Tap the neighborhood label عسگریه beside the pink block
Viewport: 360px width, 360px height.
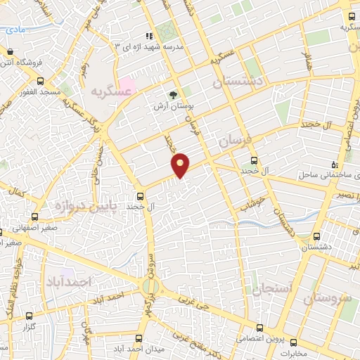point(108,91)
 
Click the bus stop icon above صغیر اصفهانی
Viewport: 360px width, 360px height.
point(34,217)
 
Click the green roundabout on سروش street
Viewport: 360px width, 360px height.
point(150,286)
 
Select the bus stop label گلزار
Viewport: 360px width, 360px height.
point(28,328)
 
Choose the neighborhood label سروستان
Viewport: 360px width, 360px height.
point(328,298)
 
